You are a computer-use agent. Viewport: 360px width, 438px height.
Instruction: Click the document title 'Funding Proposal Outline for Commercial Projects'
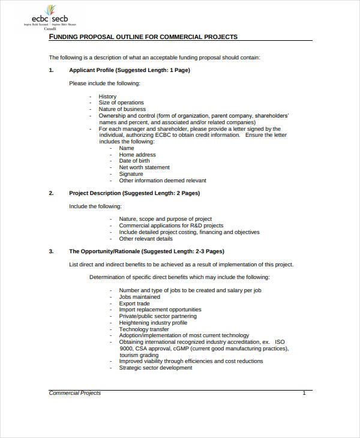coord(143,37)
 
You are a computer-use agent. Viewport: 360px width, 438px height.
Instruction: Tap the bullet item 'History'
coord(107,97)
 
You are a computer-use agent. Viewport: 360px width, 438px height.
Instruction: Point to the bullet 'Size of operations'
coord(121,103)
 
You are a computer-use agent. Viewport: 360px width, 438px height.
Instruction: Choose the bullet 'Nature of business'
coord(122,109)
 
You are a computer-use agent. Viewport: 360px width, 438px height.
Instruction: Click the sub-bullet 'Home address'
coord(137,155)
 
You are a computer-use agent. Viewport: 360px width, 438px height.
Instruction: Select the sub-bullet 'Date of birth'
coord(134,161)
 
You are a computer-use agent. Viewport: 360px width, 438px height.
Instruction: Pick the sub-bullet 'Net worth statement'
coord(144,167)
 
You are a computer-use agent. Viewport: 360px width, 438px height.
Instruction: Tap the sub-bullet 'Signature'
coord(131,174)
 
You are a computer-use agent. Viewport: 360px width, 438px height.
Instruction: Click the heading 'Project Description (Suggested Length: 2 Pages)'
coord(134,193)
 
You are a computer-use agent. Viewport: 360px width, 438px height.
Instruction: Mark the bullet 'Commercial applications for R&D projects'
coord(171,226)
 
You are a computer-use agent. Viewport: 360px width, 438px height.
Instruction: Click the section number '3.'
coord(51,251)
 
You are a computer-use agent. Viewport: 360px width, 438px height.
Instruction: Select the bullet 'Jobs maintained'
coord(139,297)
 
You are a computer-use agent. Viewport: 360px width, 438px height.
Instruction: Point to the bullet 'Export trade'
coord(134,304)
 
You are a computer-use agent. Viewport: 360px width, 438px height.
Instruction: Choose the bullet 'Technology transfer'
coord(144,329)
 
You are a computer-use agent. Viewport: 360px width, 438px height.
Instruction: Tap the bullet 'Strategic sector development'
coord(155,368)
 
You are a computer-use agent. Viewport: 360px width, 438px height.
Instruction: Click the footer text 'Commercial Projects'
coord(74,393)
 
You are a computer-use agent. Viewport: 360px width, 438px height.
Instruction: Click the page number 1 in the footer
coord(304,393)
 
